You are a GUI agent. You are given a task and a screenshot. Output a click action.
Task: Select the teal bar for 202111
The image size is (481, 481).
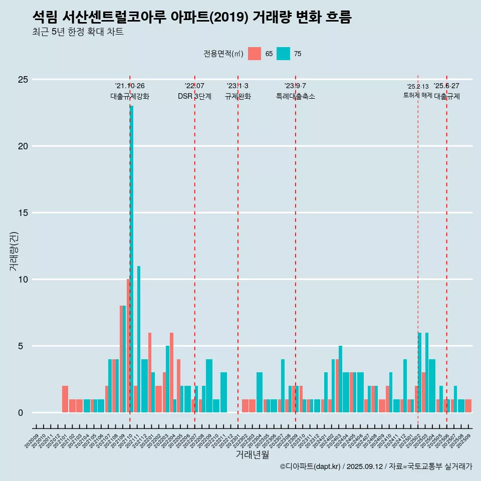pos(139,341)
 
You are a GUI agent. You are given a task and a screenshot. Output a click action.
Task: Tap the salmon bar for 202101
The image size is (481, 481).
pos(65,399)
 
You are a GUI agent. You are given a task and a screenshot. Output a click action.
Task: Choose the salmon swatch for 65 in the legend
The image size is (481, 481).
pos(255,54)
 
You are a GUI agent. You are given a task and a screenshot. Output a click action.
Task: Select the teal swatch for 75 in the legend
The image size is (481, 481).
pos(283,54)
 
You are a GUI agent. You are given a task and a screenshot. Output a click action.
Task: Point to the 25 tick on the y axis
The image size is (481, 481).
pos(23,80)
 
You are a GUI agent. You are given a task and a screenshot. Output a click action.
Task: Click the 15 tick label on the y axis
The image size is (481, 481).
pos(23,213)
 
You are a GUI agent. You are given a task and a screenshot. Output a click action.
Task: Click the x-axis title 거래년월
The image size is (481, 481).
pos(252,455)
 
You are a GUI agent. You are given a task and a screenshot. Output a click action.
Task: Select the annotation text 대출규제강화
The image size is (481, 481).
pos(130,97)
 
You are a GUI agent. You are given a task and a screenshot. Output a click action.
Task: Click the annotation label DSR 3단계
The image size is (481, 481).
pos(194,97)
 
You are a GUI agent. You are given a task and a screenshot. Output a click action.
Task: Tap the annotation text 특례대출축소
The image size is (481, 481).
pos(295,97)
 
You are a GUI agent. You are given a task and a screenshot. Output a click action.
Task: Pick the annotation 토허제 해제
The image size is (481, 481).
pos(417,95)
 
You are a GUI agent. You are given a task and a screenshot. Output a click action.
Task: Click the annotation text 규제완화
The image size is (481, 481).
pos(237,97)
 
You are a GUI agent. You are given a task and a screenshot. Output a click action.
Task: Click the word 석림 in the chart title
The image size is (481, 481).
pos(45,18)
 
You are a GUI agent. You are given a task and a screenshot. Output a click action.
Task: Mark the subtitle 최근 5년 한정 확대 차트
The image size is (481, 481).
pos(78,32)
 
